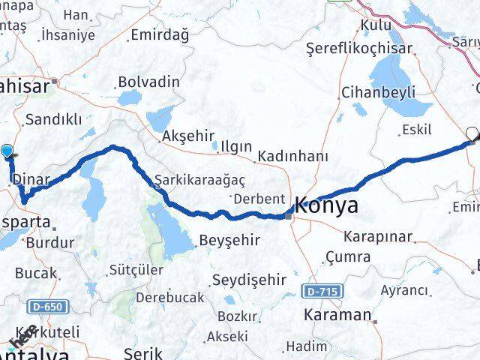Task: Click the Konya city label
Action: [x=326, y=206]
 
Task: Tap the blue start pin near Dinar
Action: [x=7, y=152]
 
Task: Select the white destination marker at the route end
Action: [x=472, y=135]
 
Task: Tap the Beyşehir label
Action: [x=229, y=241]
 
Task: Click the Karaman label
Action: [x=337, y=315]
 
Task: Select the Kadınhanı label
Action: [x=292, y=157]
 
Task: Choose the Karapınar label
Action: [x=378, y=236]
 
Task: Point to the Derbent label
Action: [x=259, y=199]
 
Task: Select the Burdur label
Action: [x=49, y=243]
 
